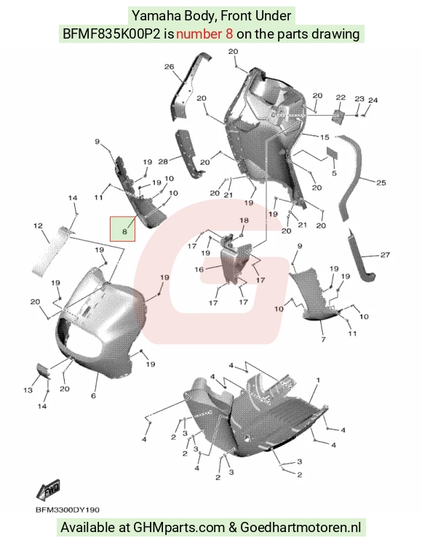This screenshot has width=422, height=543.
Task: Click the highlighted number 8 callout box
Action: (x=122, y=229)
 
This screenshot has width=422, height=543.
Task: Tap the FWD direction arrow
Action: (x=48, y=489)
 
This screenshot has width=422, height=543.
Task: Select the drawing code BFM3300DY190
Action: (x=67, y=510)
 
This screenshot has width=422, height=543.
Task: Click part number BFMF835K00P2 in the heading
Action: (x=111, y=34)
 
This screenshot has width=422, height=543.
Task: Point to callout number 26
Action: (x=169, y=66)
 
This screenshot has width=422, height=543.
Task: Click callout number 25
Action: (x=381, y=183)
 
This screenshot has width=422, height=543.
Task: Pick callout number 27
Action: (x=385, y=255)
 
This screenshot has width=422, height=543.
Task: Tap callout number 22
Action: (x=341, y=98)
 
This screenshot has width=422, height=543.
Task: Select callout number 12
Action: (x=38, y=226)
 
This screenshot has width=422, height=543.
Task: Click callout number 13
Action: (x=28, y=390)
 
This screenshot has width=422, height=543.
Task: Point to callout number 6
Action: (x=93, y=395)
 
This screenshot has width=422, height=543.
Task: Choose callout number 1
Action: (x=318, y=380)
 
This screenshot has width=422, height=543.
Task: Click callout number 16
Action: (x=199, y=269)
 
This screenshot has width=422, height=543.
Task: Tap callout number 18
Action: (x=244, y=221)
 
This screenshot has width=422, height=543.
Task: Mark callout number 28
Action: (x=163, y=162)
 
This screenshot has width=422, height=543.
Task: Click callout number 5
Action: (x=334, y=173)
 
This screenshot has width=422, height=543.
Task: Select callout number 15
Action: (x=325, y=137)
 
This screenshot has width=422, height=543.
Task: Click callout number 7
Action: (x=323, y=339)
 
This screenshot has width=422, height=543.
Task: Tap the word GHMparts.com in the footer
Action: (x=179, y=528)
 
